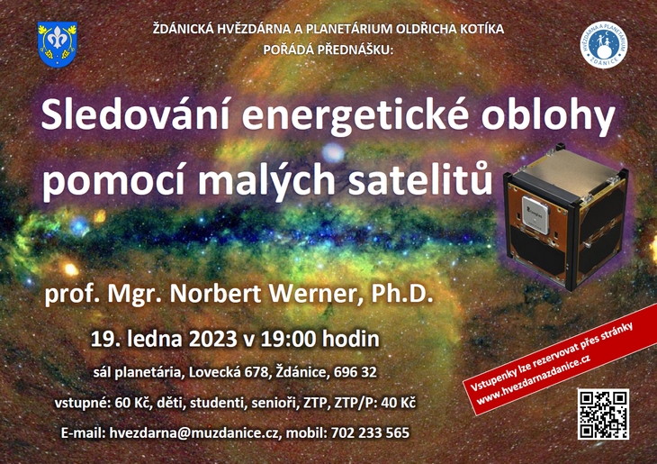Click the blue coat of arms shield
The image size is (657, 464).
[x=58, y=44]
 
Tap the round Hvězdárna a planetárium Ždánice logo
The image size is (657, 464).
[x=603, y=45]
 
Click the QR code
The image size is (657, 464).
[x=603, y=414]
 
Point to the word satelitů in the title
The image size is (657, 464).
[x=420, y=180]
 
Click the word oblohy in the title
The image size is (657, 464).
[x=547, y=118]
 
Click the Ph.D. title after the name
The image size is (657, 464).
[x=402, y=294]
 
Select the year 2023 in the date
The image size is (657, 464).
[x=213, y=339]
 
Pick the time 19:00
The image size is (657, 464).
[x=288, y=339]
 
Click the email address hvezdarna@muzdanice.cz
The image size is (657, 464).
[x=194, y=433]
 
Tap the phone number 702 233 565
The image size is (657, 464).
[x=370, y=433]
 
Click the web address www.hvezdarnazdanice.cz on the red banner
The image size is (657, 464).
[x=534, y=379]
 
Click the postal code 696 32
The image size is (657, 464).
[x=355, y=372]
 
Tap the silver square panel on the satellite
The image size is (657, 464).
[x=535, y=214]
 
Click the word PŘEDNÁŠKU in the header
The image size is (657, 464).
[x=355, y=50]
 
